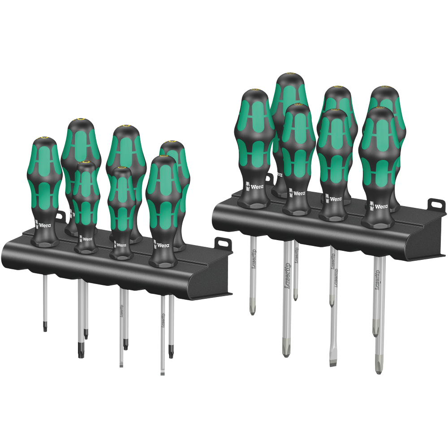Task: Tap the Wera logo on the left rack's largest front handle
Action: pyautogui.click(x=162, y=245)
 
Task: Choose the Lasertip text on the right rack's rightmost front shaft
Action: pyautogui.click(x=378, y=278)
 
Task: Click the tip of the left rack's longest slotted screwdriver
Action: pyautogui.click(x=163, y=372)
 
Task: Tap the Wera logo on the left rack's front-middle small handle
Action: pyautogui.click(x=121, y=245)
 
